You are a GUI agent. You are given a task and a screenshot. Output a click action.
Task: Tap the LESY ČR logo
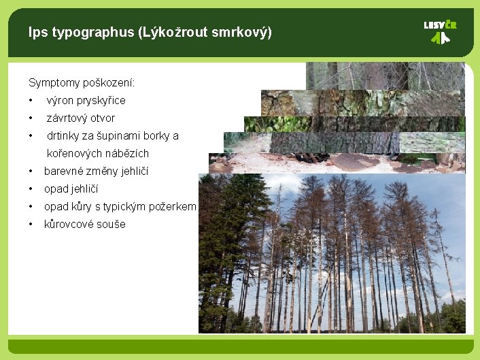coord(440,31)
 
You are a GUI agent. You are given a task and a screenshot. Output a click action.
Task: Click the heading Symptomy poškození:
coord(82,83)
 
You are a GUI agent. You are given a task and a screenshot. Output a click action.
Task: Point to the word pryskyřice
coord(100,101)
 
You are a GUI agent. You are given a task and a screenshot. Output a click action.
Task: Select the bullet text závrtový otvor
coord(80,118)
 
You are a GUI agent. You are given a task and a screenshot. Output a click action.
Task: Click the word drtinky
coord(63,136)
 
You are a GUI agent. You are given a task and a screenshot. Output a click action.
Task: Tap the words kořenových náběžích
coord(97,154)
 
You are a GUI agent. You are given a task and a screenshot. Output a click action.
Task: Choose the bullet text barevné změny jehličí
coord(96,171)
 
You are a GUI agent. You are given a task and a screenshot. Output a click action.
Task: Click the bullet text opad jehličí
coord(71,189)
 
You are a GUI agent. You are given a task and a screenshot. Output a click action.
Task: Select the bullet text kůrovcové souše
coord(84,225)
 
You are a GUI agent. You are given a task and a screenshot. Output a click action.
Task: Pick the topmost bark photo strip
coord(385,76)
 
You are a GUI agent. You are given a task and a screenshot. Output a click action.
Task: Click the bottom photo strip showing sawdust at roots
coord(337,163)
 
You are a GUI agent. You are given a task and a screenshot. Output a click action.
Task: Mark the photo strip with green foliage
coord(354,124)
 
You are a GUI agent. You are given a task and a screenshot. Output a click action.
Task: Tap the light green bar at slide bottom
coord(240,346)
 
